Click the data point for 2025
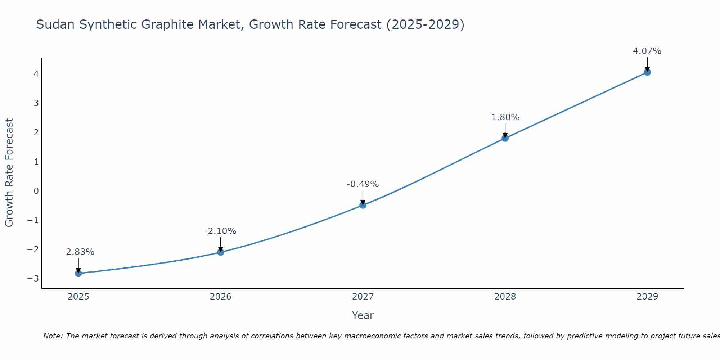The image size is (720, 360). point(78,273)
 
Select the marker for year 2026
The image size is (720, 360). point(221,252)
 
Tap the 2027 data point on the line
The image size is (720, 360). point(363,205)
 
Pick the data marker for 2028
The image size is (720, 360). point(505,138)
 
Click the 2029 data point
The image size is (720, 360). point(647,72)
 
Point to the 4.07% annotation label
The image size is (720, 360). point(647,51)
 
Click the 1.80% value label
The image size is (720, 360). point(505,117)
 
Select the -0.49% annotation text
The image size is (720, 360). point(363,184)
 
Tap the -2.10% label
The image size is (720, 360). point(220,231)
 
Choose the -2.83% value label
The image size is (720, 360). point(78,252)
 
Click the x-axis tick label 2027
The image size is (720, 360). point(363,297)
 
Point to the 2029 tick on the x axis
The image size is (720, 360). point(647,297)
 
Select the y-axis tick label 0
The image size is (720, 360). point(36,191)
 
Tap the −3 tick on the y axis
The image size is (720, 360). point(33,278)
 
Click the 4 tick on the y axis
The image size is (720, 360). point(36,74)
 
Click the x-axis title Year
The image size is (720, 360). point(363,315)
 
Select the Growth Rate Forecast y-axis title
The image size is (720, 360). point(9,173)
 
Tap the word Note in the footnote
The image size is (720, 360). point(53,336)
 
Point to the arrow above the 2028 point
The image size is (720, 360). point(505,130)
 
